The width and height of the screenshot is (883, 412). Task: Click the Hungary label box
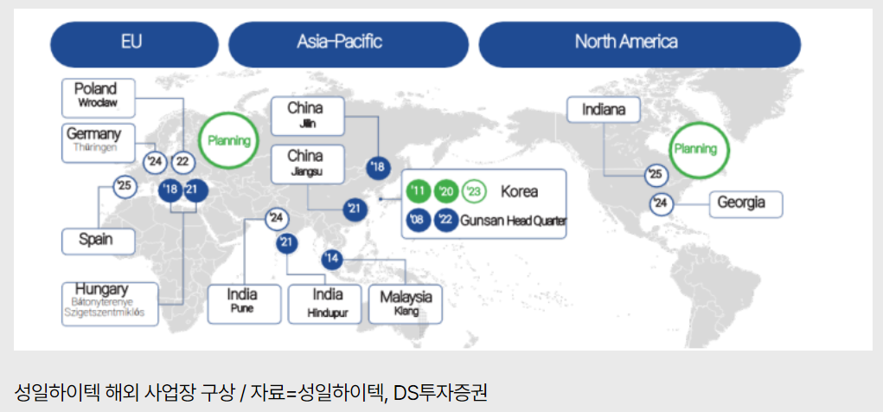[109, 303]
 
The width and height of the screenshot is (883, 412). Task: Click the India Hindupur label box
[323, 303]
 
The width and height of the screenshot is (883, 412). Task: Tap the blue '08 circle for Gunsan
[419, 221]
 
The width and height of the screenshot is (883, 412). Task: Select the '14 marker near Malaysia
[332, 260]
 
